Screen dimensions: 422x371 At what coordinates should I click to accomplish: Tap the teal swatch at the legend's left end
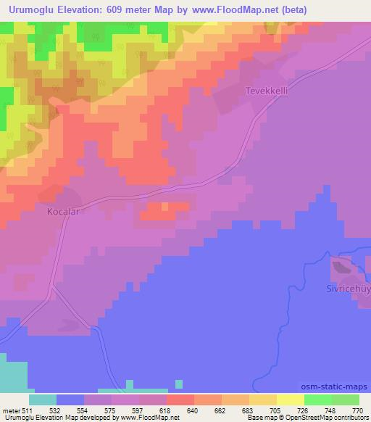coord(43,400)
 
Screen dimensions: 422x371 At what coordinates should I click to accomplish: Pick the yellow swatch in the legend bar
coord(291,400)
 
